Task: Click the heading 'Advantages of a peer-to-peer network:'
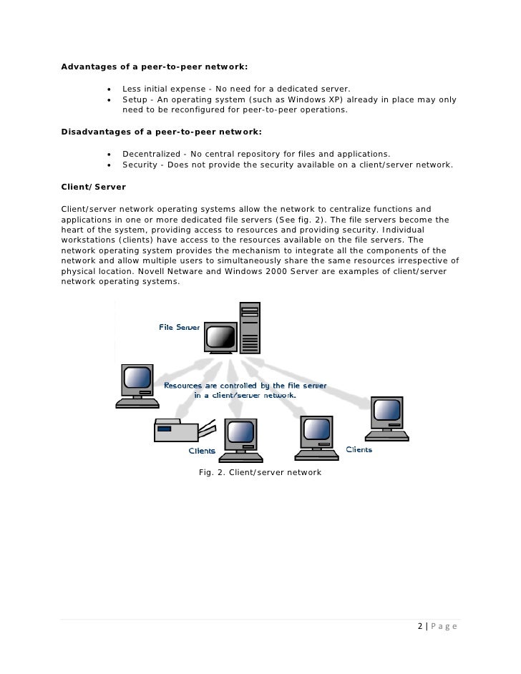pos(155,67)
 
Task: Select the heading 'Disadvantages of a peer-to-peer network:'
pos(162,132)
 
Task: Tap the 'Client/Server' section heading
pos(94,187)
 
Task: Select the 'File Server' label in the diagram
pos(180,328)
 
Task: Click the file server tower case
pos(250,328)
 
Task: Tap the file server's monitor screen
pos(220,336)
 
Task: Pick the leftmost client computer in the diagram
pos(137,386)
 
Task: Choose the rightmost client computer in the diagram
pos(386,419)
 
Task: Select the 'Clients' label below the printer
pos(201,451)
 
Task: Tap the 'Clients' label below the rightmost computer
pos(359,449)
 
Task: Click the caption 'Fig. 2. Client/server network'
pos(260,473)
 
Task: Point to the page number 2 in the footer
pos(420,627)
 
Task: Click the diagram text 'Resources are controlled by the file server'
pos(245,386)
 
